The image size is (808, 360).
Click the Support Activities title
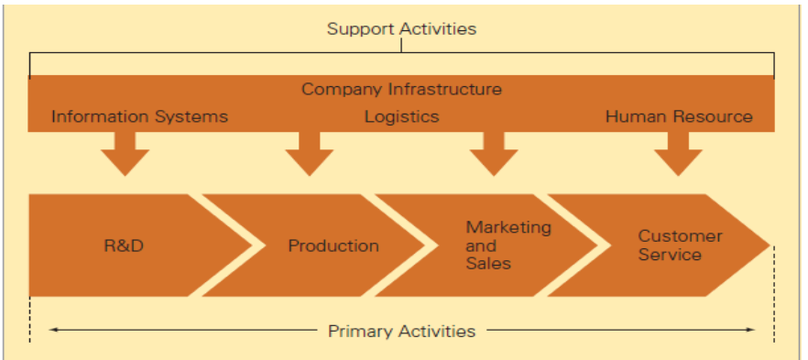coord(401,28)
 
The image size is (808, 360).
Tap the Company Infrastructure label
coord(401,89)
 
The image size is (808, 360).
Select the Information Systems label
coord(139,116)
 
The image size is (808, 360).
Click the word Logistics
coord(401,116)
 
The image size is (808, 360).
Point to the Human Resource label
coord(679,116)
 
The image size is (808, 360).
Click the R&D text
coord(124,245)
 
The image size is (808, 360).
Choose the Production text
coord(333,245)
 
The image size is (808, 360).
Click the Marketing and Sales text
coord(508,245)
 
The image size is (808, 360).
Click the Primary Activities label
coord(401,331)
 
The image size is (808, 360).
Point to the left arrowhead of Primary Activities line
coord(53,330)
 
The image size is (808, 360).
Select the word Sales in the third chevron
coord(488,263)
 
